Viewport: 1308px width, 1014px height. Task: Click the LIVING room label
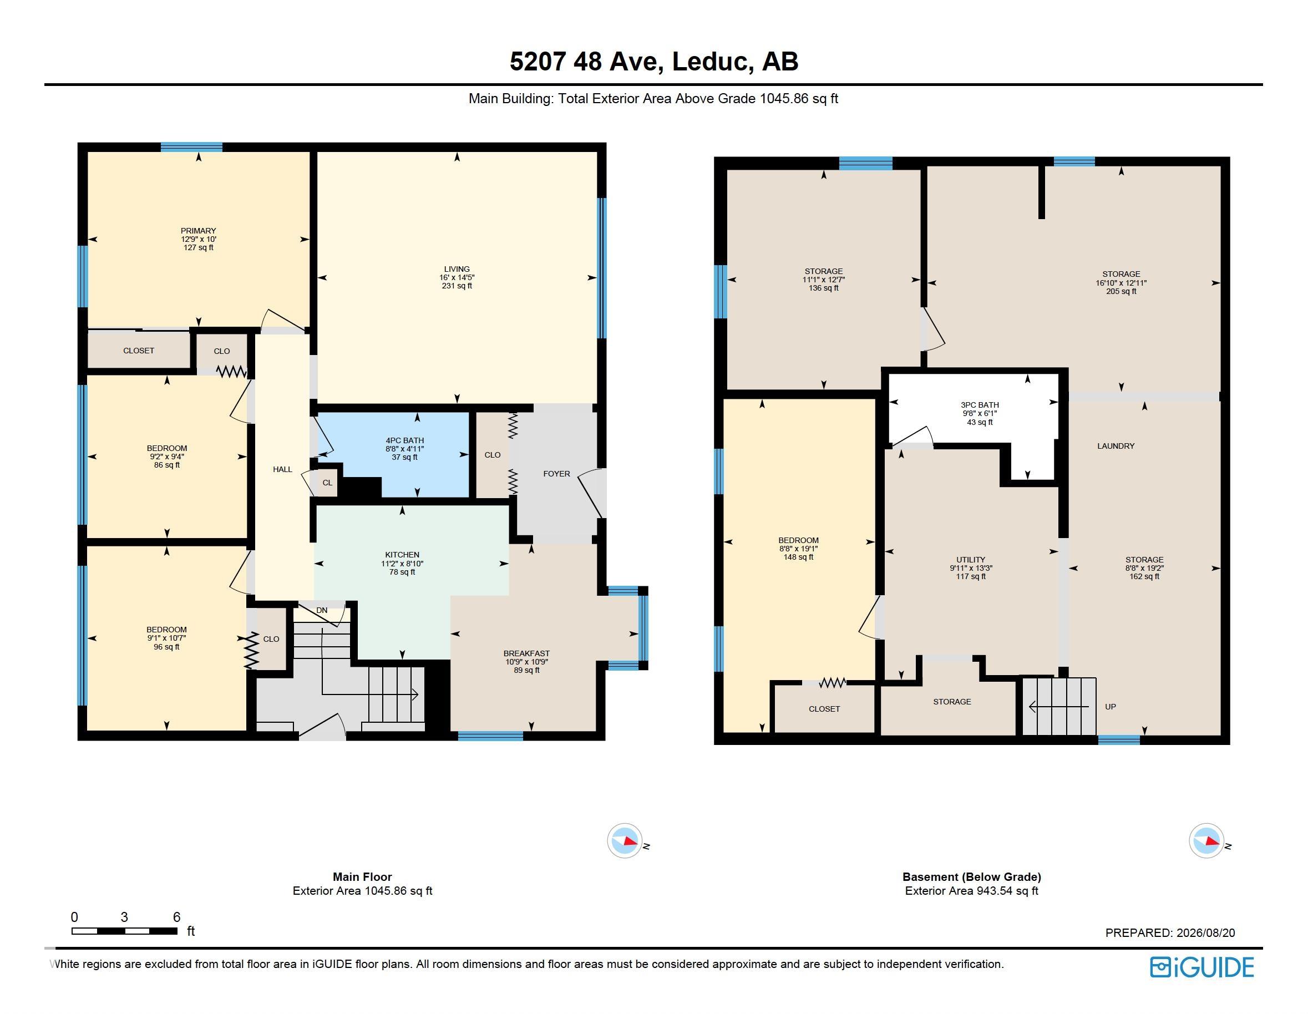pos(457,269)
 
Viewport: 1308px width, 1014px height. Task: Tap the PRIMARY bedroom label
pos(198,231)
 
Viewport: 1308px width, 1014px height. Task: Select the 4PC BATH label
pos(405,440)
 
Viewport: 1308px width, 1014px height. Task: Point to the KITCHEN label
pos(402,555)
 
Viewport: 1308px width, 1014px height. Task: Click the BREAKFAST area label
pos(526,653)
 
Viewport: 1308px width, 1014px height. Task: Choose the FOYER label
pos(556,474)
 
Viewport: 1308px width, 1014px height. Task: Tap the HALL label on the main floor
pos(283,470)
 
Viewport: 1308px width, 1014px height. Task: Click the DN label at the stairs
pos(322,610)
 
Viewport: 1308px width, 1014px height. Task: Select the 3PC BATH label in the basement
pos(980,405)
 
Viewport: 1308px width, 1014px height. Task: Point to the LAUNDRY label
pos(1116,445)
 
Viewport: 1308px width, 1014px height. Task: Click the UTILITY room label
pos(971,559)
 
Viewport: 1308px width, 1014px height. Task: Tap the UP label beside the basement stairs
pos(1111,707)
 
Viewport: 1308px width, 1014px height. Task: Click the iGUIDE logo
pos(1202,967)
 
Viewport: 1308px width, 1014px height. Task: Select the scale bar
pos(125,931)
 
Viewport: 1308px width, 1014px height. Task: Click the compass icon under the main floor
pos(625,841)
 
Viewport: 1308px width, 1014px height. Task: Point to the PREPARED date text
pos(1170,932)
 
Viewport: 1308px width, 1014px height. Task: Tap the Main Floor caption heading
pos(362,877)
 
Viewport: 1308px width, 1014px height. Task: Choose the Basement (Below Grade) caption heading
pos(972,877)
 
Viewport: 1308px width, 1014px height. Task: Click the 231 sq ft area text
pos(457,286)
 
